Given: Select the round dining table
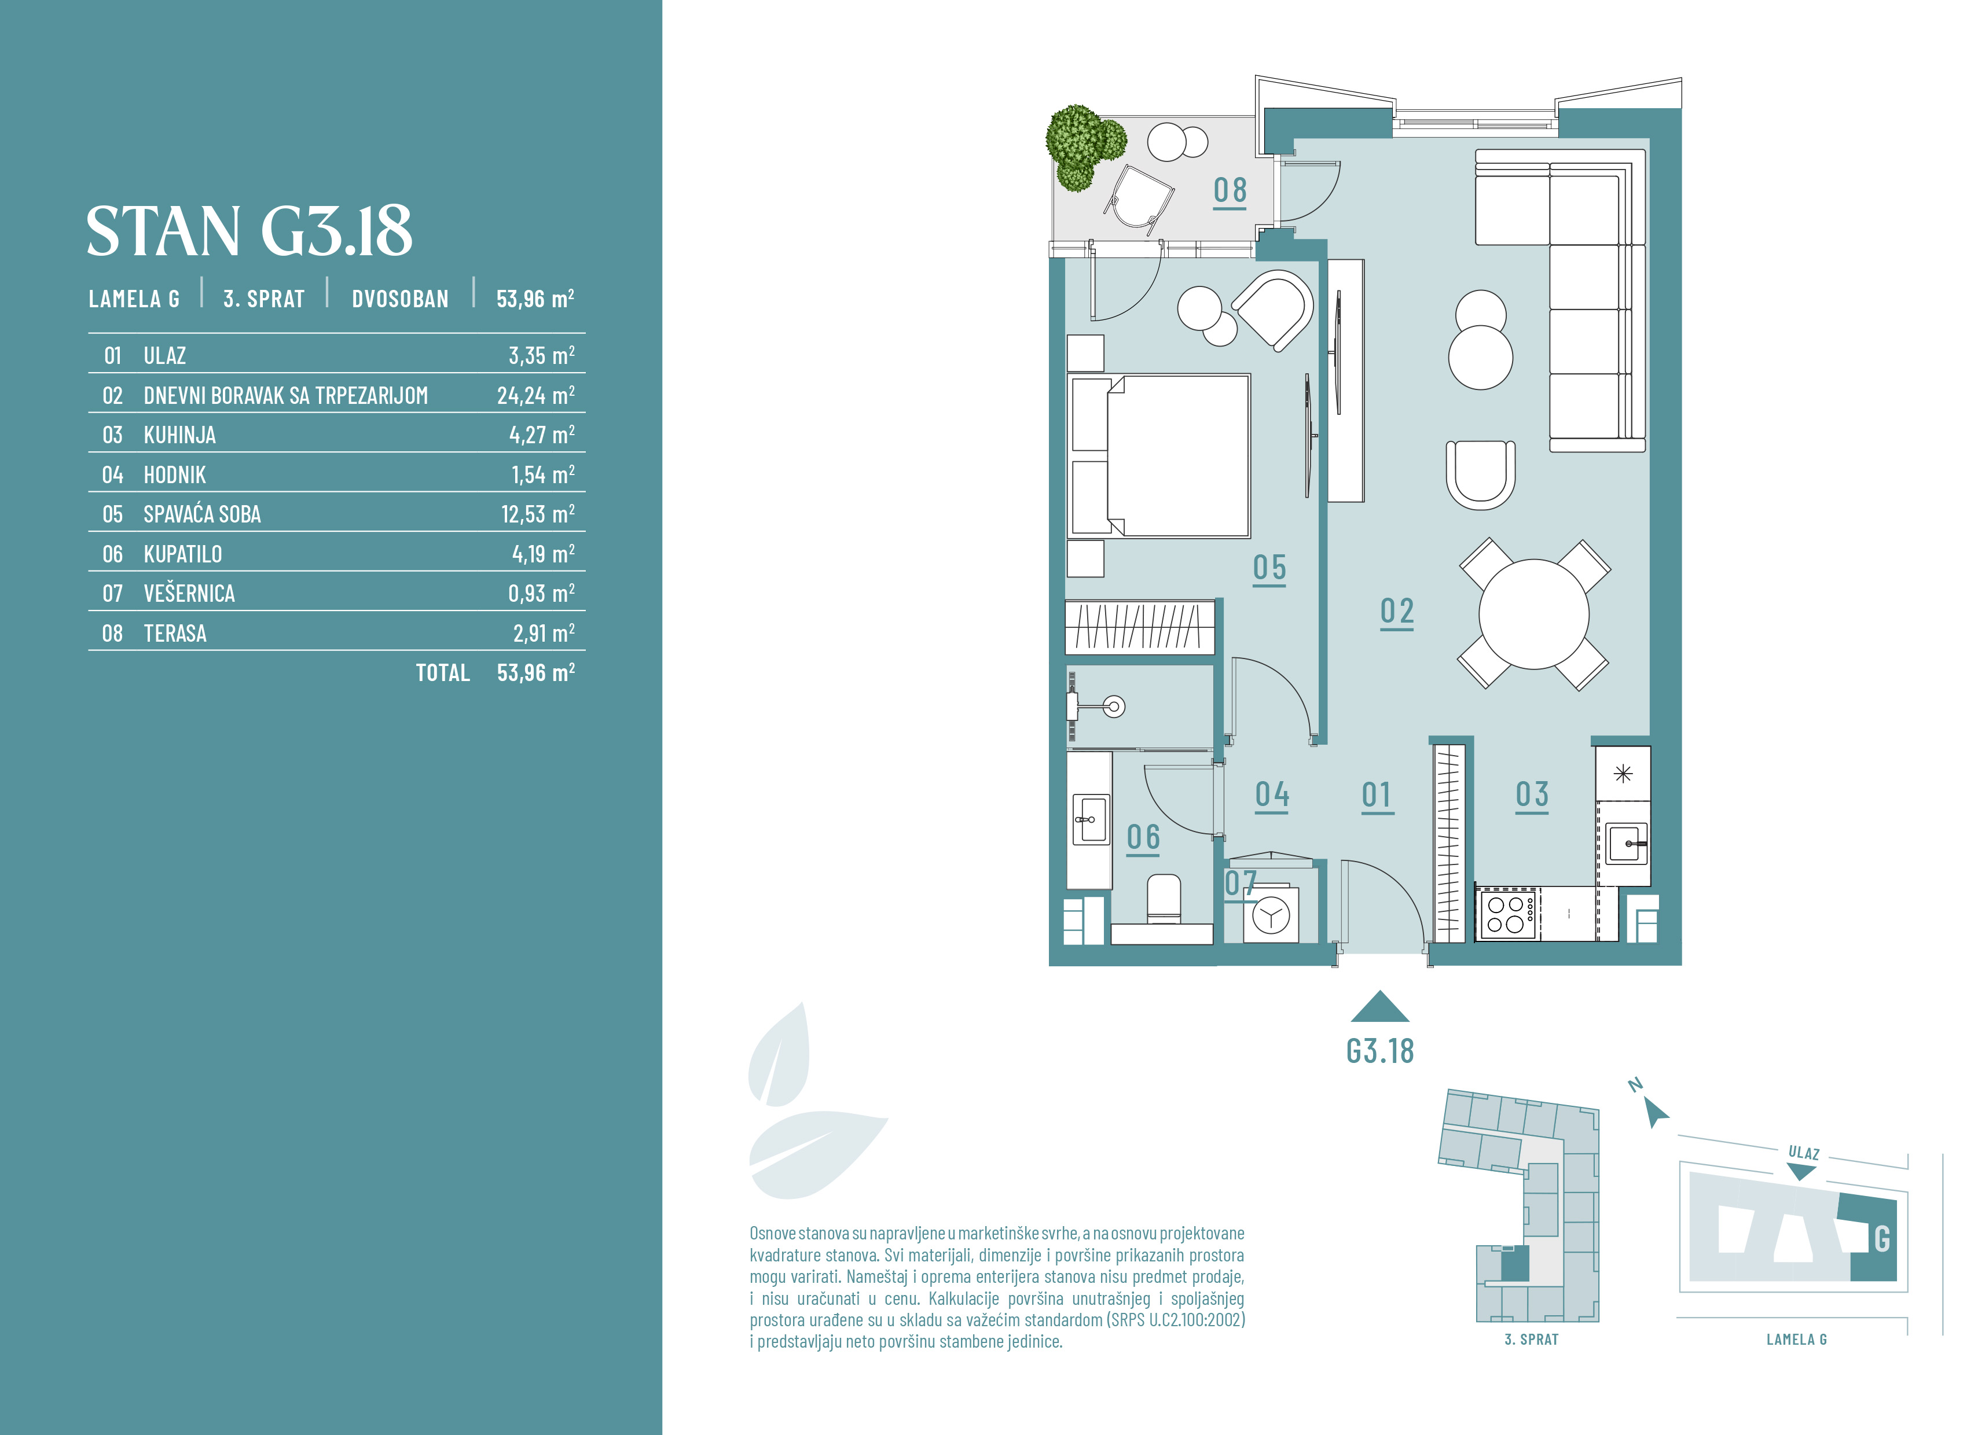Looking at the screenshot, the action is [1535, 614].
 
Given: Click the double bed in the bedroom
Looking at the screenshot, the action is [1159, 456].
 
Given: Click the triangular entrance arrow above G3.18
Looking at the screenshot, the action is [1379, 1007].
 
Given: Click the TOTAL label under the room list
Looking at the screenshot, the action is [443, 673].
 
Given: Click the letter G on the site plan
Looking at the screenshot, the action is [1882, 1239].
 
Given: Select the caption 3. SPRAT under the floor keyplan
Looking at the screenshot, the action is [1531, 1340].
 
